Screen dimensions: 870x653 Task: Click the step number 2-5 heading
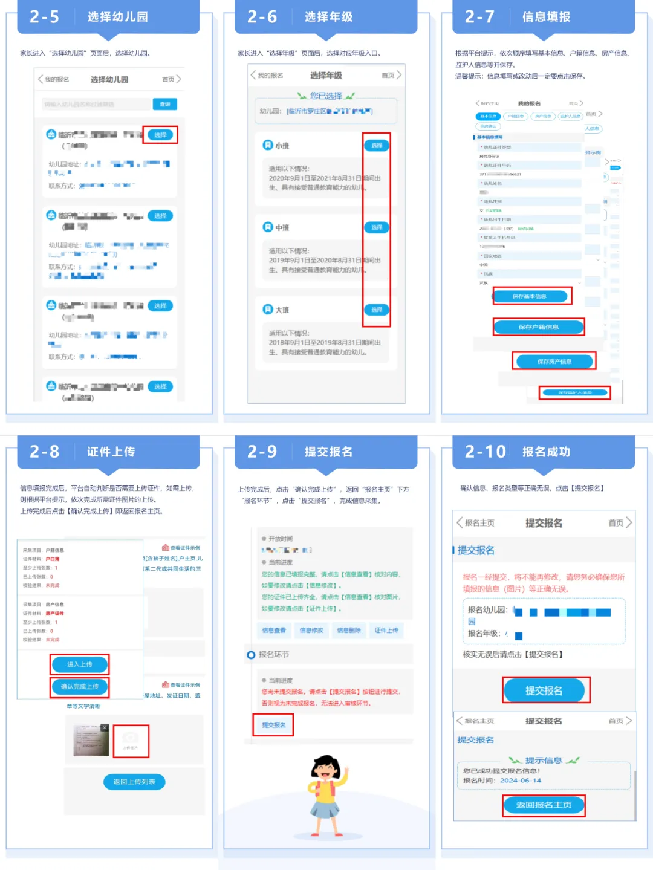45,17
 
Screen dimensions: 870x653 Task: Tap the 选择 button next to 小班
377,146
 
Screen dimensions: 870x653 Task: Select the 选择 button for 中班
377,227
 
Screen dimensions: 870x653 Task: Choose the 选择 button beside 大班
377,310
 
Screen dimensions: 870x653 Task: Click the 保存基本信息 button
530,296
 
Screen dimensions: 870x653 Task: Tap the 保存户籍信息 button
539,327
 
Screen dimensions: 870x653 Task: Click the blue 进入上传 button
79,664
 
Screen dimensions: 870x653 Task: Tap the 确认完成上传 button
79,687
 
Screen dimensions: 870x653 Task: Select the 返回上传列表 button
134,782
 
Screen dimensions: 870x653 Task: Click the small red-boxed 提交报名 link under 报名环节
273,725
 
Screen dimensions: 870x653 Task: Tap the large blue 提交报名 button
544,690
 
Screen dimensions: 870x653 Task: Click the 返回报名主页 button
544,805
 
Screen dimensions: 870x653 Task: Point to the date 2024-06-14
521,781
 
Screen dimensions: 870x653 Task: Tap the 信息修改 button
311,630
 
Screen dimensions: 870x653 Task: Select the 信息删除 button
349,630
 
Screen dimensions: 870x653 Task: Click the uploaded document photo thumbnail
91,740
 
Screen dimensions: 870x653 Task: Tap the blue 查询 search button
164,105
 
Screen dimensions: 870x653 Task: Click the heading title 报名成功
546,452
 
